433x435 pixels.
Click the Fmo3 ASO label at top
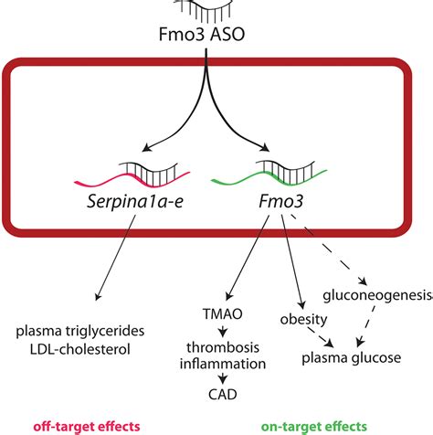[x=216, y=37]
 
